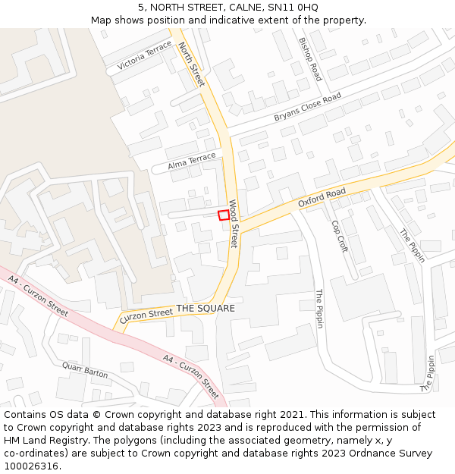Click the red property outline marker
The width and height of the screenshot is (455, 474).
tap(224, 215)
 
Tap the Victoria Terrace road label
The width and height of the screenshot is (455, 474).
tap(144, 58)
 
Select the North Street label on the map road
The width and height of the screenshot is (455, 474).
tap(191, 64)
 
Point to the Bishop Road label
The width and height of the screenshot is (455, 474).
tap(310, 59)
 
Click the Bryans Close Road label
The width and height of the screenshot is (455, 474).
tap(308, 108)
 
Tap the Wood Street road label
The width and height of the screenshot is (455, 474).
tap(234, 224)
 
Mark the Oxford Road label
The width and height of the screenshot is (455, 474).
tap(322, 197)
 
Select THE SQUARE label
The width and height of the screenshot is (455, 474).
tap(206, 309)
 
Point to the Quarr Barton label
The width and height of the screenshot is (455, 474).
tap(85, 370)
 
